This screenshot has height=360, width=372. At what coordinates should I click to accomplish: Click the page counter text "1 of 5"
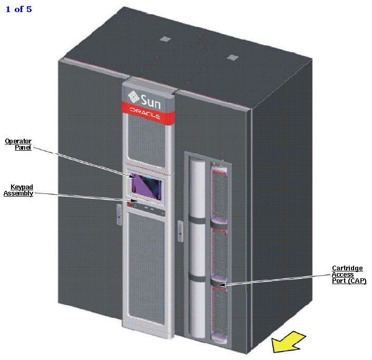point(19,9)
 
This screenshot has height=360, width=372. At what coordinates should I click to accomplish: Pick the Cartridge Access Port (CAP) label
point(348,275)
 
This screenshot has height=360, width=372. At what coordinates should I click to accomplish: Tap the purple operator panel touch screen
point(145,187)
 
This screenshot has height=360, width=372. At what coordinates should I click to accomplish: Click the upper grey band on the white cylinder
point(198,220)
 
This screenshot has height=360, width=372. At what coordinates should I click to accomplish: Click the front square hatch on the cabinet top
point(232,57)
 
